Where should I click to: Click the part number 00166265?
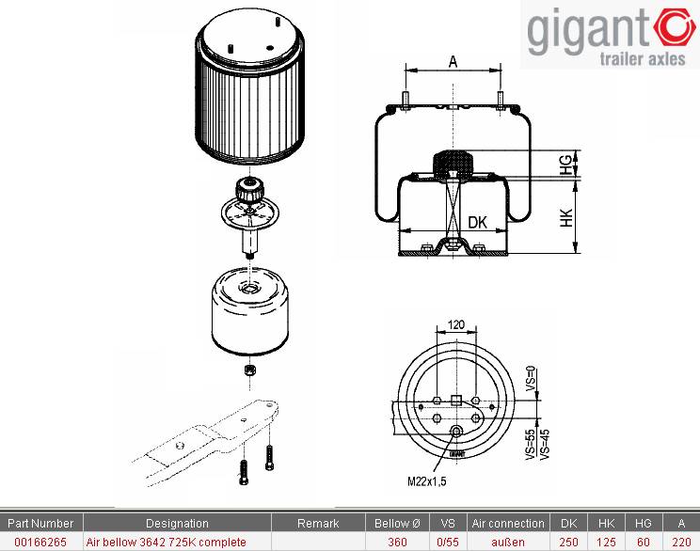tap(40, 543)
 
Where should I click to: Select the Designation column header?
tap(177, 524)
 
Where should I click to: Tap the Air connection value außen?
tap(508, 543)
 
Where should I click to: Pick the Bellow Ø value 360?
tap(397, 543)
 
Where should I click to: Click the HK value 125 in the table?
tap(606, 543)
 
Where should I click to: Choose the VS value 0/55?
tap(448, 543)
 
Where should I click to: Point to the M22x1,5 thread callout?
tap(427, 481)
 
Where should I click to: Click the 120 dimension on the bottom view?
tap(455, 324)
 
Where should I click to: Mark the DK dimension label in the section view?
tap(477, 222)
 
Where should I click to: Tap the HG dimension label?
tap(565, 165)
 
